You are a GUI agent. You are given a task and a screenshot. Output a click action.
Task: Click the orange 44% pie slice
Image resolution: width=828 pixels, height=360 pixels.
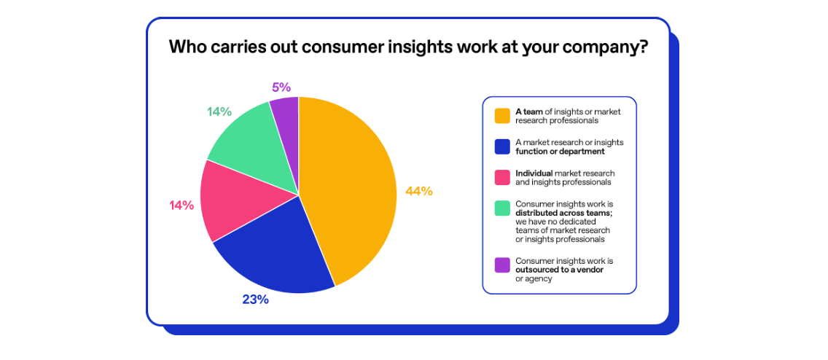(x=350, y=189)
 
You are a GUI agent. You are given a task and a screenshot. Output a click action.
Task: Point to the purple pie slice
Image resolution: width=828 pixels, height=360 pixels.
(x=286, y=117)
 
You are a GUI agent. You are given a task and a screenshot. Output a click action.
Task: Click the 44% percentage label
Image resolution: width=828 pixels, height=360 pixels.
(x=419, y=192)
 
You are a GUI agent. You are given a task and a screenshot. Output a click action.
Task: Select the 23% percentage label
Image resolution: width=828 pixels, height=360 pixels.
(x=255, y=300)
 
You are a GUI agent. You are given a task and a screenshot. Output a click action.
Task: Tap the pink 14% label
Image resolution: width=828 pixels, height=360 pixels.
(x=181, y=206)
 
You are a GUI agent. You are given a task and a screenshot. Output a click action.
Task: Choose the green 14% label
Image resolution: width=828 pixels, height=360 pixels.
(x=219, y=111)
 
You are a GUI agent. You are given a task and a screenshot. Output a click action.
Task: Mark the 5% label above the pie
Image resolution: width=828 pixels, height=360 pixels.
(x=281, y=87)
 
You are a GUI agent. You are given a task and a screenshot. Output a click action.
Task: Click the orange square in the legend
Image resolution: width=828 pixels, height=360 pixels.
(x=502, y=116)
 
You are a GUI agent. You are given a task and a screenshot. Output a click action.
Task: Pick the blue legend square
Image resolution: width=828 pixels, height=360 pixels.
(x=502, y=146)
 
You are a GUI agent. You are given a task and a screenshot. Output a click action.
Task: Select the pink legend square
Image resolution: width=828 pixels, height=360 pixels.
(x=502, y=178)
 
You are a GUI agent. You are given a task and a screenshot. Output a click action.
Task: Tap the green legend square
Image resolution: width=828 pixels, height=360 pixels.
(x=502, y=208)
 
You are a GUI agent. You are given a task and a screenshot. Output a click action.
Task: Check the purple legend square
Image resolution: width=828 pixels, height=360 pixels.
(x=502, y=265)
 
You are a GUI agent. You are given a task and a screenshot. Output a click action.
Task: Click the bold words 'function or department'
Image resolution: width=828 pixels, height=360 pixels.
(x=561, y=152)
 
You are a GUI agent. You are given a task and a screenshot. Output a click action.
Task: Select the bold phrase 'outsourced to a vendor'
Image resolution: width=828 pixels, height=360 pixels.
(x=559, y=270)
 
